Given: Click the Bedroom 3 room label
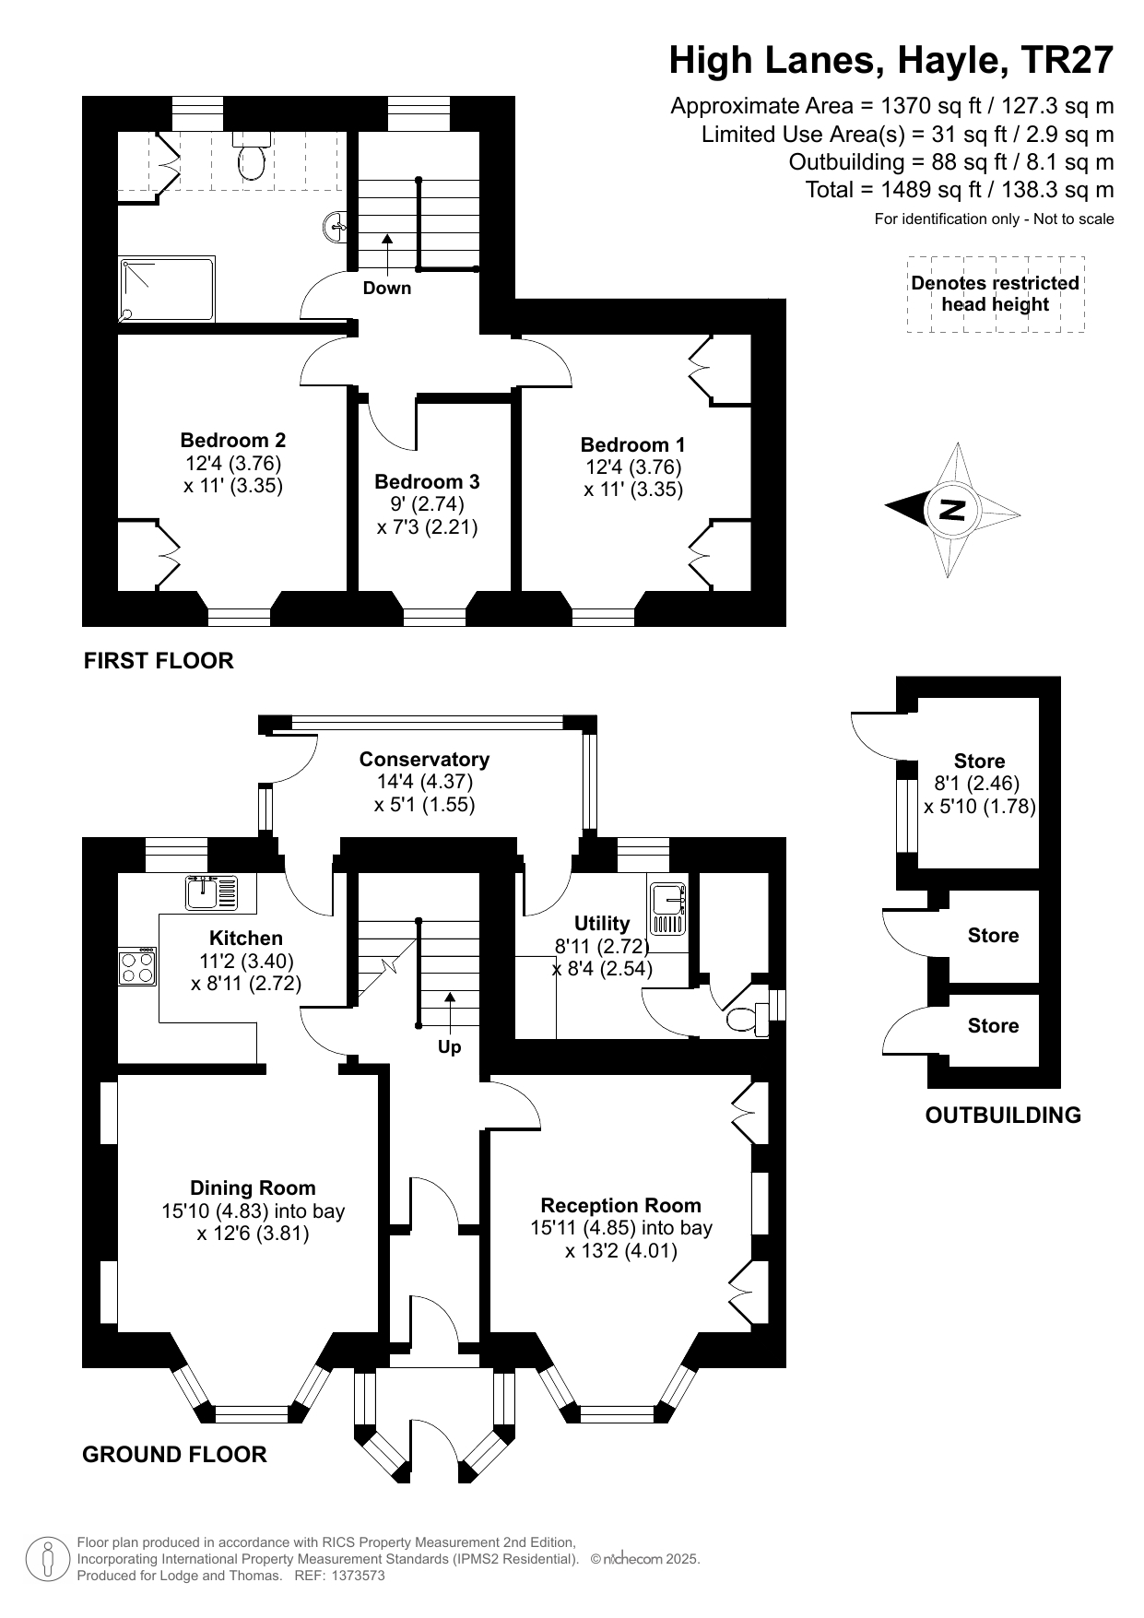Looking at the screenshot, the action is tap(427, 481).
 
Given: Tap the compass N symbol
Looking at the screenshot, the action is tap(953, 509).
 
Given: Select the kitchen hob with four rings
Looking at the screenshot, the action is tap(136, 965).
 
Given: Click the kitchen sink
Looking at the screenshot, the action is tap(212, 892).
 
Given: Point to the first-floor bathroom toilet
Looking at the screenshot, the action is tap(251, 156).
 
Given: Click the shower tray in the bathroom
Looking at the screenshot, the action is tap(167, 289).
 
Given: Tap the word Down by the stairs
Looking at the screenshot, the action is tap(387, 288).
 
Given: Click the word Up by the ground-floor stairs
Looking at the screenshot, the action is tap(450, 1046).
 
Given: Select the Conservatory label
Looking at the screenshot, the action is tap(424, 759).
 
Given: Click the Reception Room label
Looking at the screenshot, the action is tap(621, 1205).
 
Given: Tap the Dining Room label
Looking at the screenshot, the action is tap(253, 1187).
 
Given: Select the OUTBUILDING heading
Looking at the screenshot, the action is tap(1003, 1115).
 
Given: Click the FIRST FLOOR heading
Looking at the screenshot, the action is tap(159, 660).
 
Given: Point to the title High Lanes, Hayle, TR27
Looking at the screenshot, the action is tap(891, 60).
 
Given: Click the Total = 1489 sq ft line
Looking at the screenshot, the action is tap(960, 190).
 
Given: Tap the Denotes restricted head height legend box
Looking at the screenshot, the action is tap(996, 294).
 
